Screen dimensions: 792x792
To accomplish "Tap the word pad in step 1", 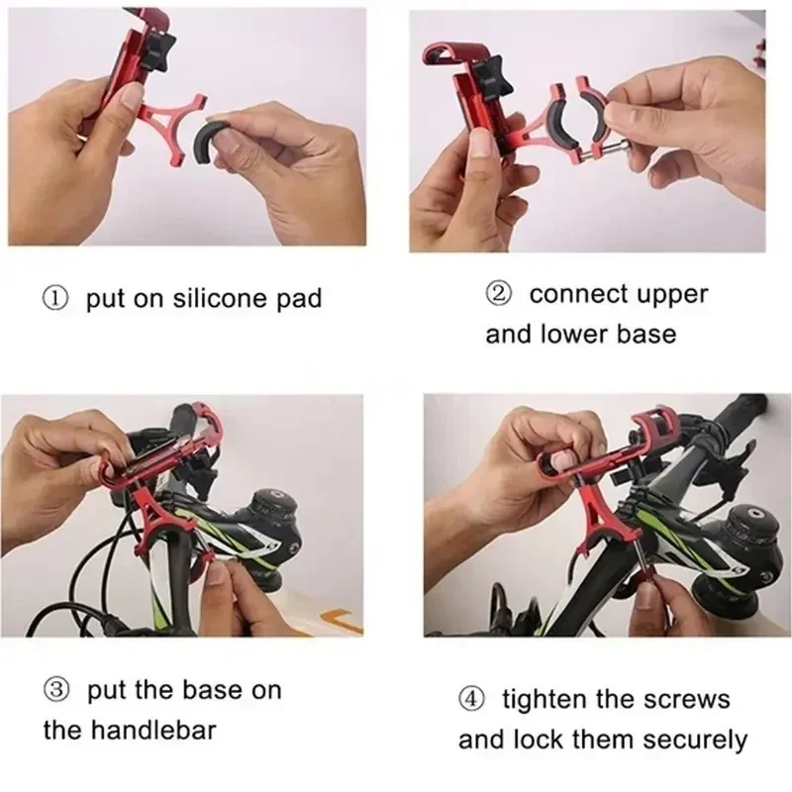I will pyautogui.click(x=300, y=299).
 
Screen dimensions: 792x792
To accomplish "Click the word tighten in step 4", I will pyautogui.click(x=544, y=700).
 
